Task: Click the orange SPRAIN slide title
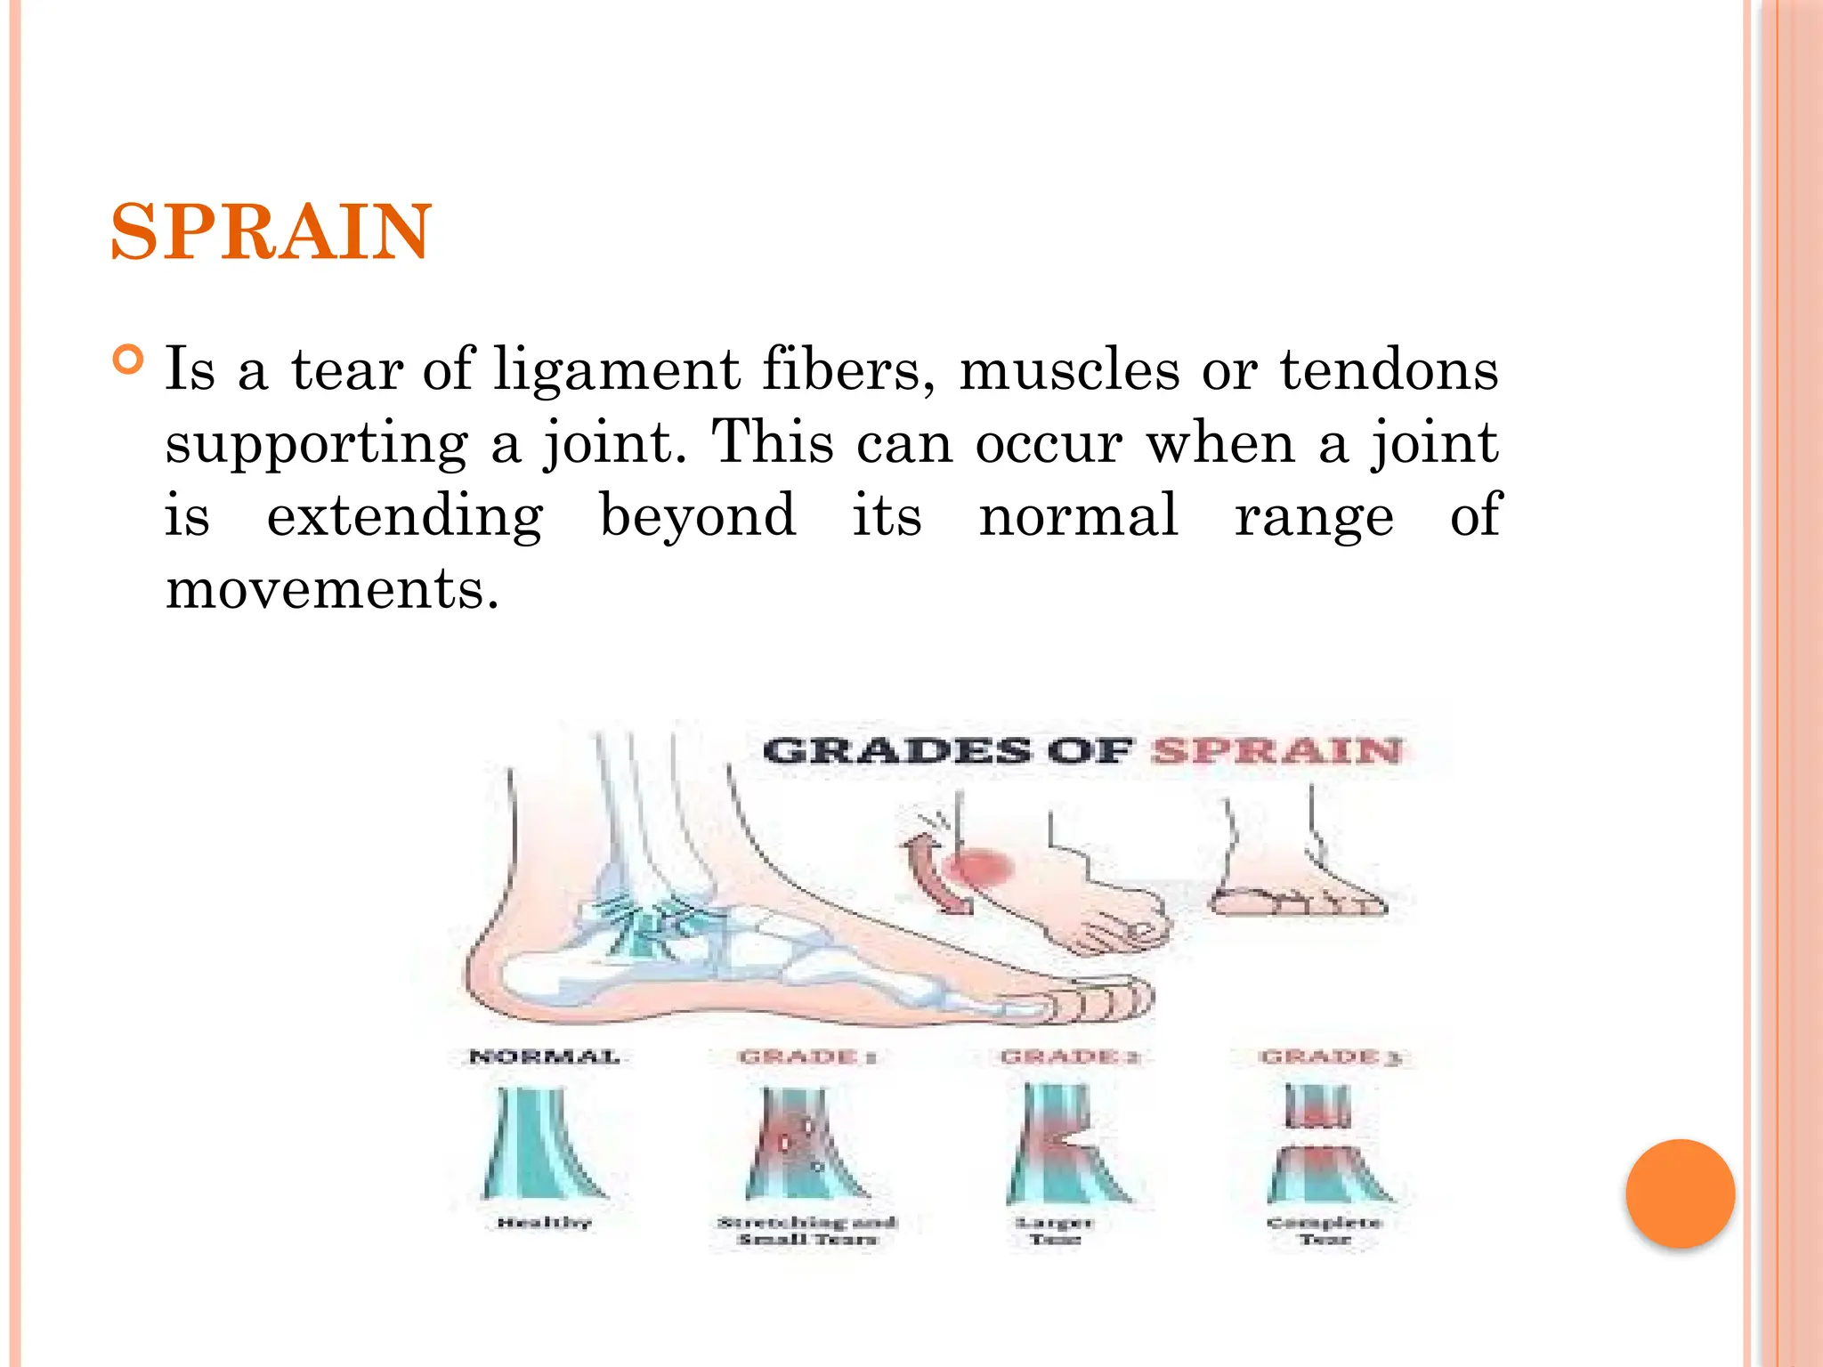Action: pyautogui.click(x=271, y=232)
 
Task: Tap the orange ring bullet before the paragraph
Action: pyautogui.click(x=128, y=360)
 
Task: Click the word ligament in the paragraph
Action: pyautogui.click(x=616, y=370)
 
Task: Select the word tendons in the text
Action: pyautogui.click(x=1390, y=370)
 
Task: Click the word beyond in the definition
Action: pyautogui.click(x=698, y=516)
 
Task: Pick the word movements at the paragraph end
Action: pyautogui.click(x=332, y=589)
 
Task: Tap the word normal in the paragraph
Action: pyautogui.click(x=1078, y=516)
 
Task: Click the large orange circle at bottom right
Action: pyautogui.click(x=1680, y=1193)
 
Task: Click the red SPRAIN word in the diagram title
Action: pyautogui.click(x=1276, y=751)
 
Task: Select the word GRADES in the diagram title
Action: pyautogui.click(x=895, y=751)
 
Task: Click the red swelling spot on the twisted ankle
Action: pyautogui.click(x=979, y=868)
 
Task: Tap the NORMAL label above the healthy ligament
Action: pyautogui.click(x=544, y=1057)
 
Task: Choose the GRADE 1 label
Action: pyautogui.click(x=807, y=1057)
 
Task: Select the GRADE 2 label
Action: pyautogui.click(x=1070, y=1057)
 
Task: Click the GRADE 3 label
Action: pyautogui.click(x=1331, y=1057)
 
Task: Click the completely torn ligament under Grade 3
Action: pyautogui.click(x=1326, y=1148)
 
